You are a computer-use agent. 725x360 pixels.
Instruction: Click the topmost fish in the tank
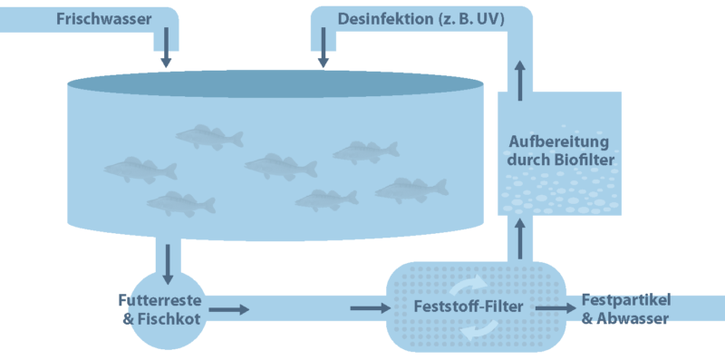point(208,137)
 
